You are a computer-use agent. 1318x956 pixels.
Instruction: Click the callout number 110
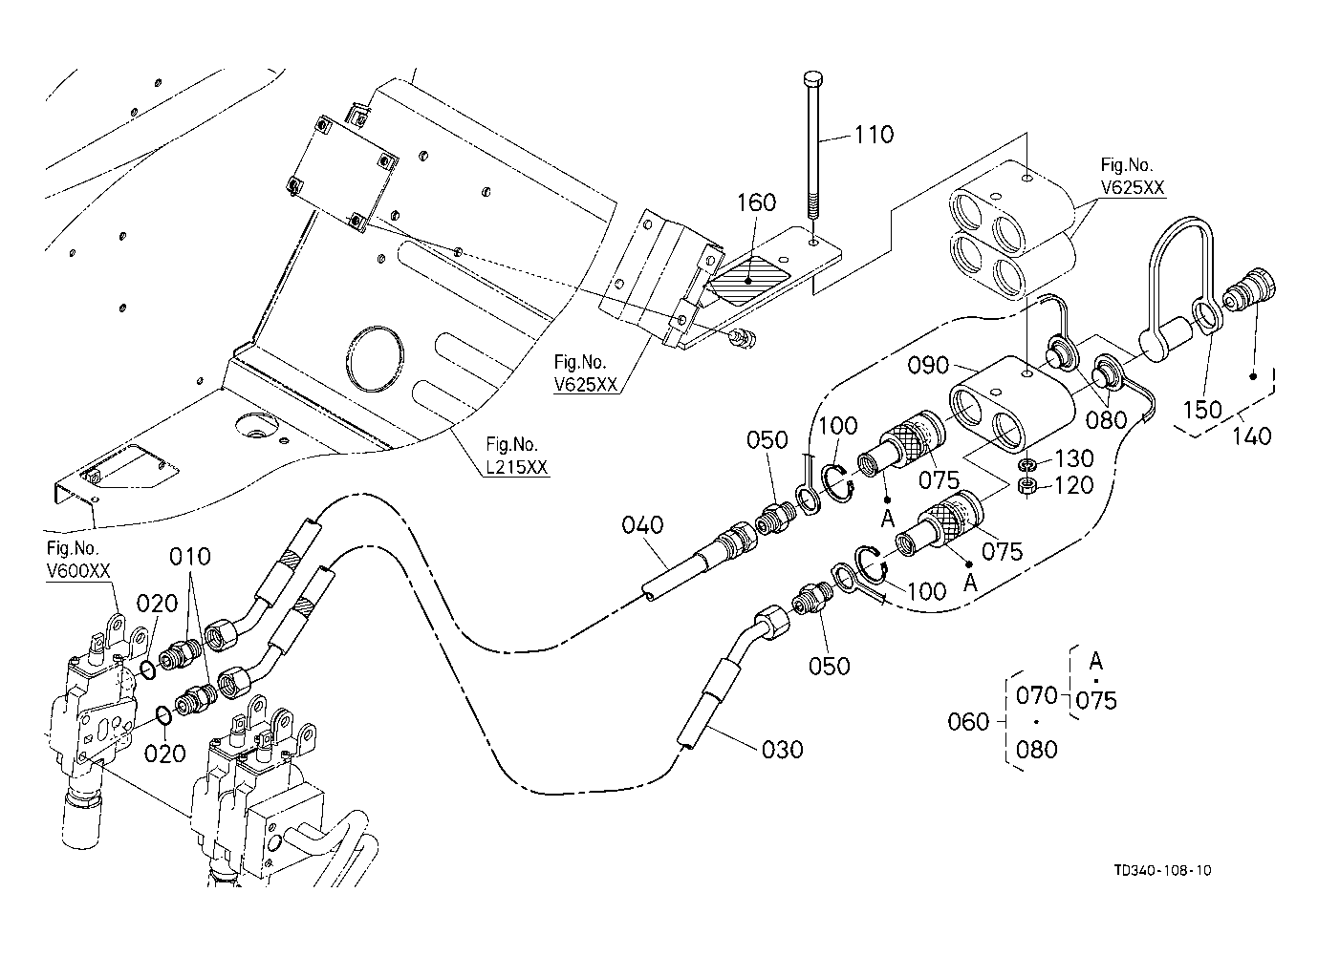pyautogui.click(x=874, y=135)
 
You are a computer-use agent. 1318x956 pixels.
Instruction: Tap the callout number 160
pyautogui.click(x=757, y=202)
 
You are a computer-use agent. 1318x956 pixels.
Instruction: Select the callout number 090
pyautogui.click(x=928, y=366)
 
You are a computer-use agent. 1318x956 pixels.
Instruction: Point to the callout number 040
pyautogui.click(x=642, y=525)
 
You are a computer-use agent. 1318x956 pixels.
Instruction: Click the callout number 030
pyautogui.click(x=782, y=750)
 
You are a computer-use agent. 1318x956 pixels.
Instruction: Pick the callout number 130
pyautogui.click(x=1074, y=458)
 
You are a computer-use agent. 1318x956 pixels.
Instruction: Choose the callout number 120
pyautogui.click(x=1074, y=485)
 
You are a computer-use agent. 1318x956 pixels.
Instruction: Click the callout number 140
pyautogui.click(x=1252, y=436)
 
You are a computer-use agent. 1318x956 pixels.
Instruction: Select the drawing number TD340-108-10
pyautogui.click(x=1163, y=871)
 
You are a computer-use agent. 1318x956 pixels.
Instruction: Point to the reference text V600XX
pyautogui.click(x=78, y=571)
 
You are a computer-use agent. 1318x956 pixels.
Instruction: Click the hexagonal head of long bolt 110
pyautogui.click(x=812, y=78)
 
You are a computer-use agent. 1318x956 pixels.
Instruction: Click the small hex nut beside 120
pyautogui.click(x=1026, y=486)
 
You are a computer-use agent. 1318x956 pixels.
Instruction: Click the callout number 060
pyautogui.click(x=968, y=722)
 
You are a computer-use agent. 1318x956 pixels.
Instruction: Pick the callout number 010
pyautogui.click(x=190, y=557)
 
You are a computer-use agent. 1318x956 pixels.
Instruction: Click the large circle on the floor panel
pyautogui.click(x=376, y=358)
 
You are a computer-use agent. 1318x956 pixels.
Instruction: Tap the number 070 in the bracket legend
pyautogui.click(x=1036, y=695)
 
